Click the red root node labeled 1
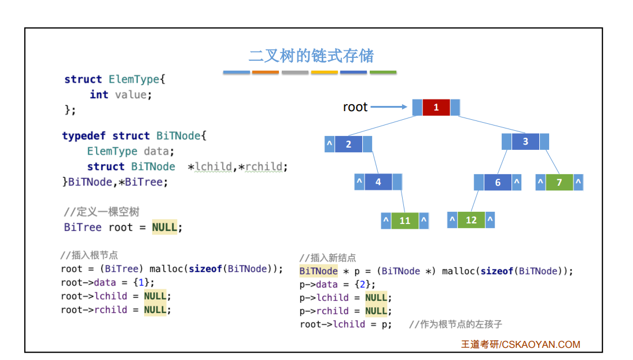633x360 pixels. click(436, 108)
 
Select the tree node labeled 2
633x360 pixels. click(348, 144)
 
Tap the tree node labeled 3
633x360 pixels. click(525, 142)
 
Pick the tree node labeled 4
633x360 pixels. click(378, 182)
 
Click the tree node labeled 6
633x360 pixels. click(498, 182)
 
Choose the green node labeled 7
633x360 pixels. click(559, 182)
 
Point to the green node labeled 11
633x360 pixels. click(405, 221)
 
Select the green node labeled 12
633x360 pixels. click(471, 220)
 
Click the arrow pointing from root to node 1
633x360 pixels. click(389, 107)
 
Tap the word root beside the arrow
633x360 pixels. click(355, 107)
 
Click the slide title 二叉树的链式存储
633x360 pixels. click(311, 56)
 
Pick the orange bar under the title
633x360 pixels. click(266, 72)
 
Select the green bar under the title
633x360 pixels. click(383, 72)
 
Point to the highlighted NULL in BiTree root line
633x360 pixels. click(165, 227)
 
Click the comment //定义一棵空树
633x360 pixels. click(101, 212)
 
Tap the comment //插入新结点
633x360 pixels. click(327, 258)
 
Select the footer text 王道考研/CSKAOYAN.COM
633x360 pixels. click(520, 344)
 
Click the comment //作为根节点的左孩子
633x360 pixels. click(459, 324)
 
